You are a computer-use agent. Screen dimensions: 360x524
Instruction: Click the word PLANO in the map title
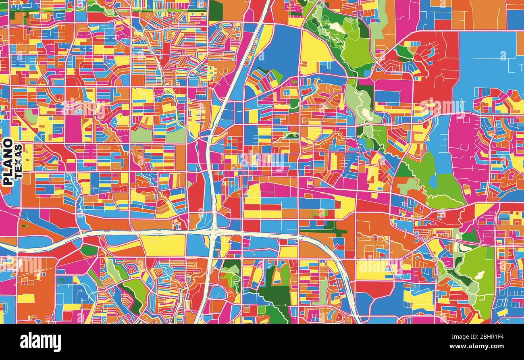coord(8,162)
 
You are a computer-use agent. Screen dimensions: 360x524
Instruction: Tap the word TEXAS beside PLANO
coord(18,162)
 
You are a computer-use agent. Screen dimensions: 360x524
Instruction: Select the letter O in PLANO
coord(8,143)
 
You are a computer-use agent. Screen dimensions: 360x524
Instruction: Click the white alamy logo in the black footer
coord(40,342)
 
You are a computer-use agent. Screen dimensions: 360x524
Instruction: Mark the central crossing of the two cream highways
coord(213,231)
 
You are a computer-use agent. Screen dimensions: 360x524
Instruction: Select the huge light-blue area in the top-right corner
coord(488,60)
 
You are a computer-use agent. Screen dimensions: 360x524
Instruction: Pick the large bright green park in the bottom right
coord(478,274)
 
